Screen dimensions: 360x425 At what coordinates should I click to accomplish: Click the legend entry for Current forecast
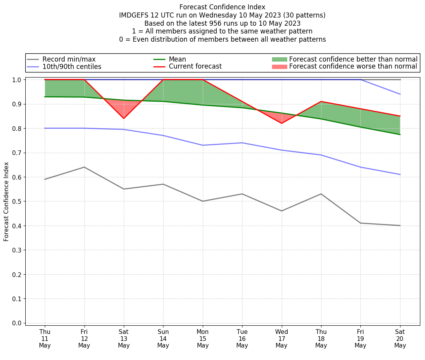(195, 67)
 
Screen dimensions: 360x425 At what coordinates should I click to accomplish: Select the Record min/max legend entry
(69, 59)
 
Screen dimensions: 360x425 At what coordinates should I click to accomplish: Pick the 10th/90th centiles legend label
(72, 67)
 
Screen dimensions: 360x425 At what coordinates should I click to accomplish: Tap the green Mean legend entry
(177, 59)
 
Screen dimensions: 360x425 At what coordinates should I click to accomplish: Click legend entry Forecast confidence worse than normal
(353, 67)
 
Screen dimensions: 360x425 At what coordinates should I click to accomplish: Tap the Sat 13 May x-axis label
(124, 338)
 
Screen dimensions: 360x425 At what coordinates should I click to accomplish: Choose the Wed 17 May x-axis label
(281, 338)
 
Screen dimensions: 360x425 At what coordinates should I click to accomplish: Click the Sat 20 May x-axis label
(400, 338)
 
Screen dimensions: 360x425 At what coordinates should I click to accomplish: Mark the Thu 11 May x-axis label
(45, 338)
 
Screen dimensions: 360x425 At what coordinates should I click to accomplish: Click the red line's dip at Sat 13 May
(124, 118)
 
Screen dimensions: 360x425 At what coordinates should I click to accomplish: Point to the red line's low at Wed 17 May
(281, 123)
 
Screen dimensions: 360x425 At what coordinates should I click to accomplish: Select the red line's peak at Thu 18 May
(321, 101)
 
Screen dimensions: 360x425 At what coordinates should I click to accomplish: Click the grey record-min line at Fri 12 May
(84, 167)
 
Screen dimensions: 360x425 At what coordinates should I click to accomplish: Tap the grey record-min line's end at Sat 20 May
(400, 226)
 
